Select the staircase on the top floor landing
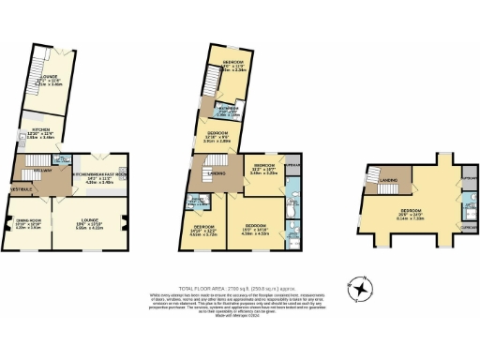pos(367,191)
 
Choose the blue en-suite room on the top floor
pos(442,204)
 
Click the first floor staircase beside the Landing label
pos(200,172)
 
